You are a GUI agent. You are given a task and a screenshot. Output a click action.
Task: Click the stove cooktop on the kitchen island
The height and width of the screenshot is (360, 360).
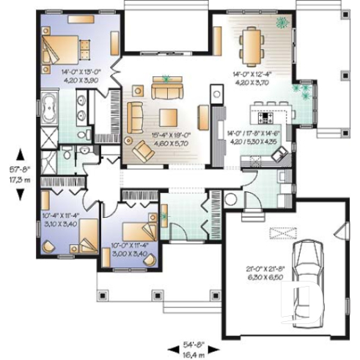click(x=265, y=116)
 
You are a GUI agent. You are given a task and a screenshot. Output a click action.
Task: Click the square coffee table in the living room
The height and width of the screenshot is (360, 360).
click(x=169, y=116)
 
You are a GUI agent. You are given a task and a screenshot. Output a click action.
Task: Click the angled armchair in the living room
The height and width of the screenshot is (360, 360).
click(x=141, y=151)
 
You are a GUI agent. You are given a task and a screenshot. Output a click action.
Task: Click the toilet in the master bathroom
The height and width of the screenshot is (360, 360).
click(x=67, y=152)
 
